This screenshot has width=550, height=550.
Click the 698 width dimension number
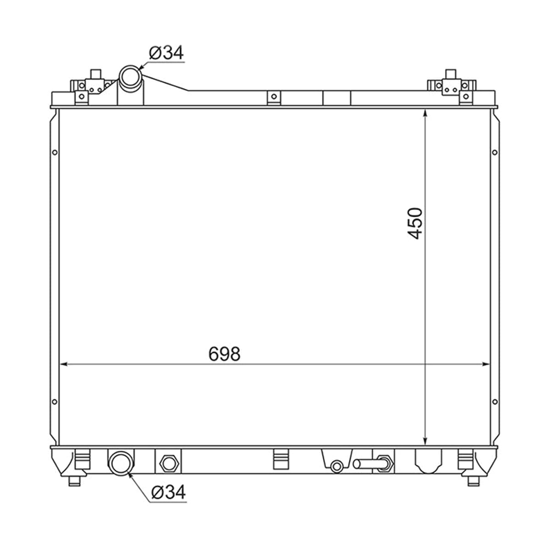pyautogui.click(x=224, y=354)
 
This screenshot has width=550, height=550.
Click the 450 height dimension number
pyautogui.click(x=415, y=224)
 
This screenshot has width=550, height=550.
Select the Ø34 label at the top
pyautogui.click(x=166, y=53)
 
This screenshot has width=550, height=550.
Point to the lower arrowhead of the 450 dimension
pyautogui.click(x=425, y=441)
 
